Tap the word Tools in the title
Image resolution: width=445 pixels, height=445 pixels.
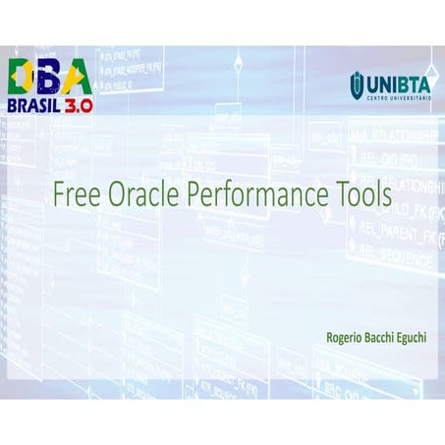pos(362,194)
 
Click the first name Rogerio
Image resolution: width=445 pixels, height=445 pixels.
pos(347,336)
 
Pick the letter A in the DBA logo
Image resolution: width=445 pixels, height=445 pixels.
pos(76,77)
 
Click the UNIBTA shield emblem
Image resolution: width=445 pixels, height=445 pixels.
pos(357,85)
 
